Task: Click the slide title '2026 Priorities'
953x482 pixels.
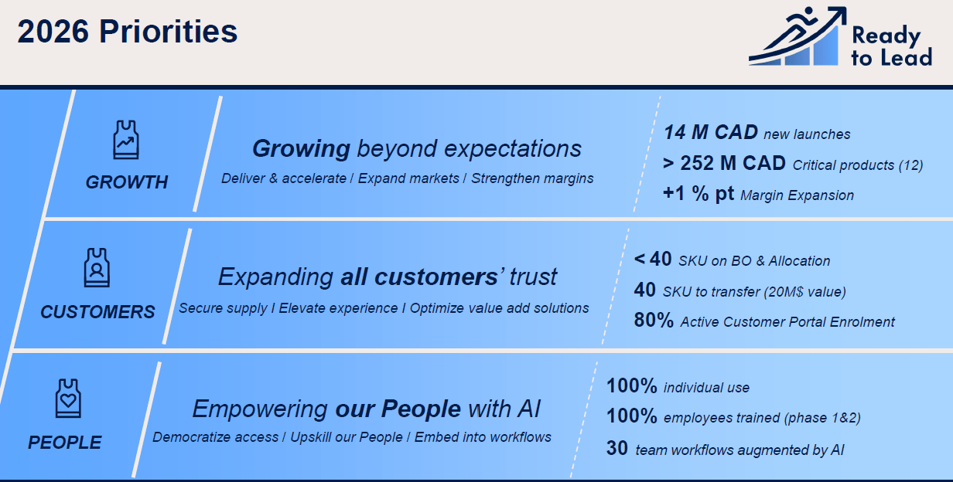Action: click(127, 32)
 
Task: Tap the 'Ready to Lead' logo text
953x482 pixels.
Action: click(892, 46)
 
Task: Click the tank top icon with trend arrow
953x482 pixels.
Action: click(126, 140)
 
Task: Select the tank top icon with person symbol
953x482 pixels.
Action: click(97, 267)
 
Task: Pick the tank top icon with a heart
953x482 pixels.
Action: click(68, 399)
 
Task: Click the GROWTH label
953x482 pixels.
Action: click(127, 182)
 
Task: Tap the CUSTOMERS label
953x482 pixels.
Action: click(97, 312)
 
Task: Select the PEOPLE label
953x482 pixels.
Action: click(65, 443)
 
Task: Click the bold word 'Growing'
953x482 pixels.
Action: click(301, 149)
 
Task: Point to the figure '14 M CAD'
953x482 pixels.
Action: click(710, 132)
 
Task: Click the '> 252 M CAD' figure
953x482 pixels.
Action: click(724, 163)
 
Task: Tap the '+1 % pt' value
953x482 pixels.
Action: click(699, 194)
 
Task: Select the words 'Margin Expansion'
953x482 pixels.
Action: click(798, 195)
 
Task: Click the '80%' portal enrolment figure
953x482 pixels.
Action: click(654, 321)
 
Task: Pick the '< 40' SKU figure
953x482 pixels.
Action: click(653, 259)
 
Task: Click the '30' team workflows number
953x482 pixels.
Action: click(617, 449)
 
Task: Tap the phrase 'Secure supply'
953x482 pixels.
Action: click(223, 308)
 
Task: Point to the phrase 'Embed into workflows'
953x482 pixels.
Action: click(483, 437)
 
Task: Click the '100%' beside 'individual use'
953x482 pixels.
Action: click(632, 386)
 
